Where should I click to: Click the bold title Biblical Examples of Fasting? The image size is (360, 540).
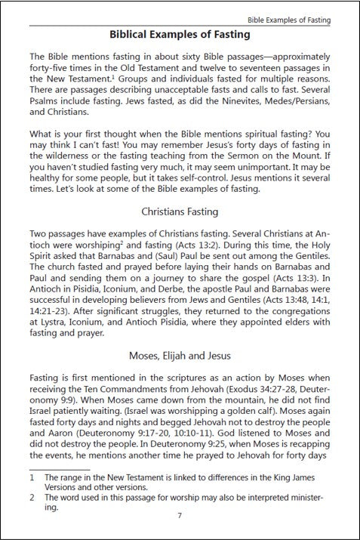pyautogui.click(x=180, y=35)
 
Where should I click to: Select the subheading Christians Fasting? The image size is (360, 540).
pyautogui.click(x=180, y=211)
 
